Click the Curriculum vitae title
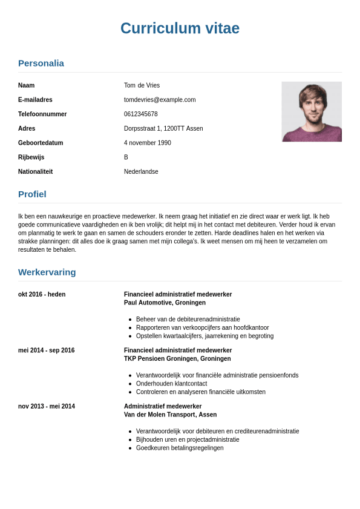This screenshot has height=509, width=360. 180,28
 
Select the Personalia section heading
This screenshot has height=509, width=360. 41,63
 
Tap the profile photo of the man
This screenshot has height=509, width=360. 312,112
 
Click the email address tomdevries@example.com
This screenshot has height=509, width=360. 160,100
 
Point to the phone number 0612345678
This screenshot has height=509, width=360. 141,114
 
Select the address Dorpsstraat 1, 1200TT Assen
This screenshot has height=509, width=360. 163,128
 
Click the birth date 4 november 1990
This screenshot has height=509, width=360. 148,143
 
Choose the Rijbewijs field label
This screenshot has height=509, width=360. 31,157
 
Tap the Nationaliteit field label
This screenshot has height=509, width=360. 35,172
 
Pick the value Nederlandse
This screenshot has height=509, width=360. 141,172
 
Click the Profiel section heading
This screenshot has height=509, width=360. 32,194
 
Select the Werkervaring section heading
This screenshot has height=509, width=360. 47,272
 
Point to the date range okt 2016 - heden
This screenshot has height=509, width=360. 42,295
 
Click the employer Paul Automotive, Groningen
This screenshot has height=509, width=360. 165,303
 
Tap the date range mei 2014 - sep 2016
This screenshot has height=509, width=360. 47,350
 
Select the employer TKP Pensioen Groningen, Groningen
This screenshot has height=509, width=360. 177,359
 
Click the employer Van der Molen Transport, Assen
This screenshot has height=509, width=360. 170,415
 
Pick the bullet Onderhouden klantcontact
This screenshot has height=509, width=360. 171,384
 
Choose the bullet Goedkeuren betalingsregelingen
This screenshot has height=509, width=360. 180,448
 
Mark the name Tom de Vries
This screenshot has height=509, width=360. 142,85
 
